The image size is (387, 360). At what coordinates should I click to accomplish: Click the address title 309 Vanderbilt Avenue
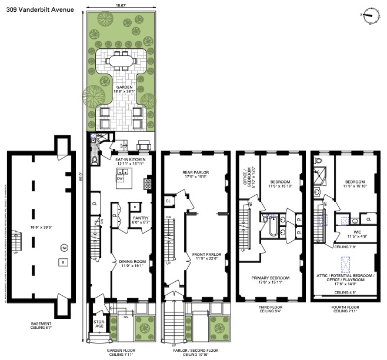36,8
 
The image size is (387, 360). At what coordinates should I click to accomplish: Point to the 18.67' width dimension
121,6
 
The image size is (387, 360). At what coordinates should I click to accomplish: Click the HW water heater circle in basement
64,248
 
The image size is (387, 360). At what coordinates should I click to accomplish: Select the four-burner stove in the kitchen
148,182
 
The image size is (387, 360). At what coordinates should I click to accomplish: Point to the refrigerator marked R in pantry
135,207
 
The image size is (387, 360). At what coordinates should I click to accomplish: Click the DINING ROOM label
132,262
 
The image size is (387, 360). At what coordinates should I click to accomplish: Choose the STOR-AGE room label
99,324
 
